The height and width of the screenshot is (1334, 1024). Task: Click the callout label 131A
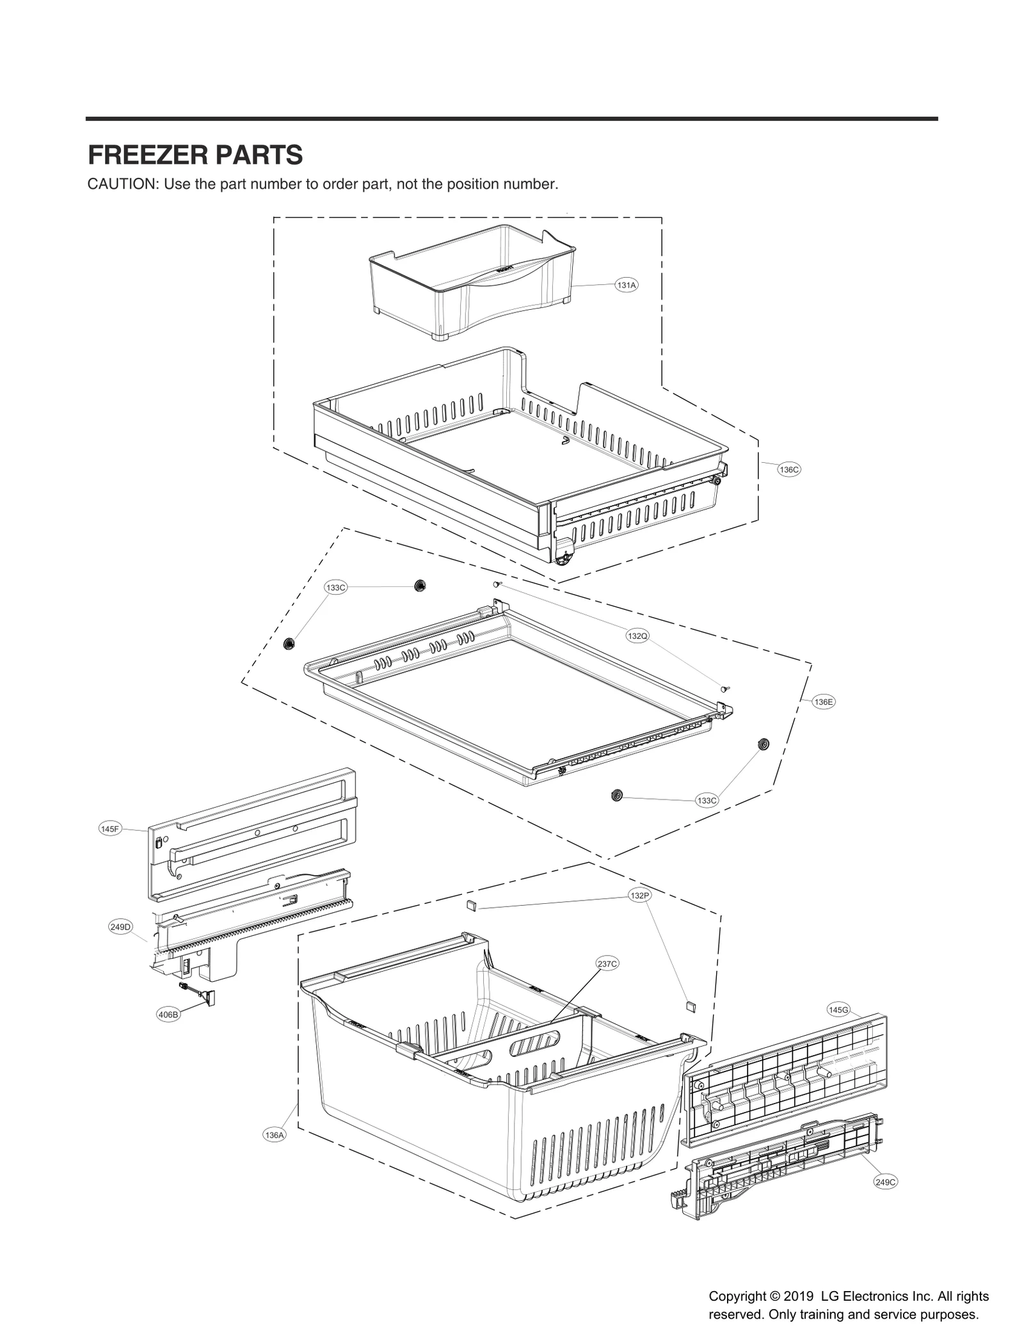626,285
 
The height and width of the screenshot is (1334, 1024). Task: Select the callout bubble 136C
789,469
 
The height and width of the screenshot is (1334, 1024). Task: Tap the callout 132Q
637,636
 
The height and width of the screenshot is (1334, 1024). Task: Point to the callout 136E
824,702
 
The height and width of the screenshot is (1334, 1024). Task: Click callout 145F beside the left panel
110,829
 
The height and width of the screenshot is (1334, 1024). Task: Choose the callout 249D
120,926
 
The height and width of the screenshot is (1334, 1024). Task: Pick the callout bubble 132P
639,896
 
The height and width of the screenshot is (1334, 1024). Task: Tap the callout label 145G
838,1009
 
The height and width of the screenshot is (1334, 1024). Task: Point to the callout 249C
885,1182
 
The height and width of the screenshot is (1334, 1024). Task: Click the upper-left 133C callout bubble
335,588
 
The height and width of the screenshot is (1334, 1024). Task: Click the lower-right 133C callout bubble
707,800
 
